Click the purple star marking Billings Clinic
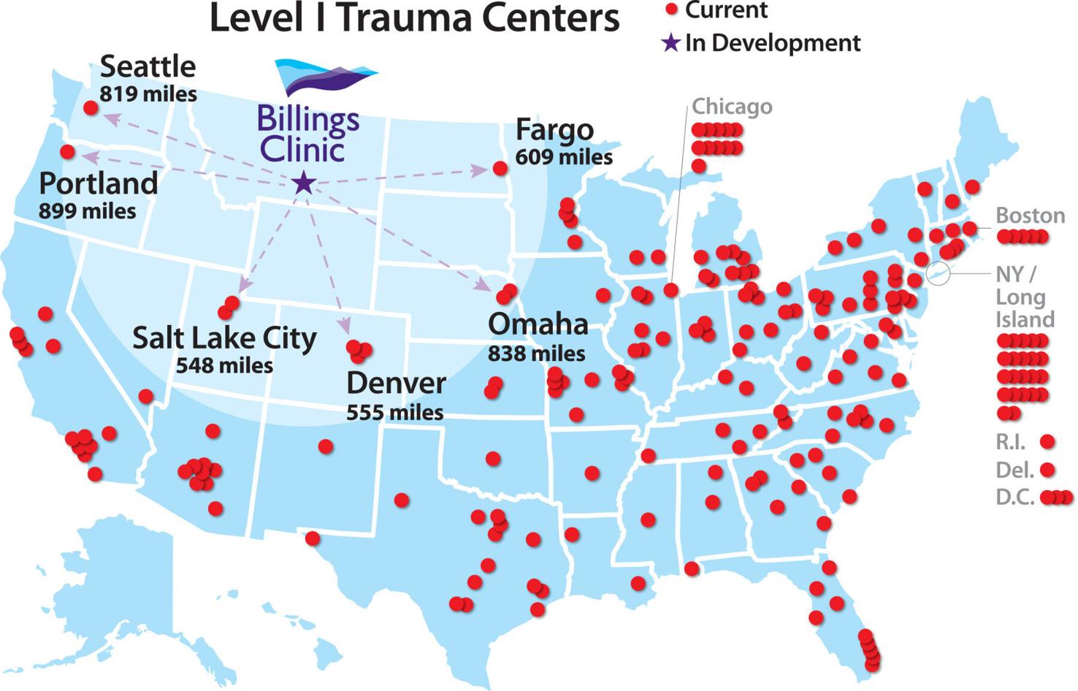pos(303,183)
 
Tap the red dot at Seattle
pos(91,108)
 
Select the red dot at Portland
pos(67,152)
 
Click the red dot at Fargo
pos(500,169)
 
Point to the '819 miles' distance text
pos(148,94)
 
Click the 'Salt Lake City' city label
pos(224,338)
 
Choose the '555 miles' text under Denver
pos(394,413)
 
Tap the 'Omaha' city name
pos(538,324)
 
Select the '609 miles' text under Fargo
pos(564,157)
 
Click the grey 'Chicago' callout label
pos(732,107)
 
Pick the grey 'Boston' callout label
pos(1031,215)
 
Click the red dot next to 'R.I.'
pos(1047,441)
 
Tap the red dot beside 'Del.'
pos(1047,469)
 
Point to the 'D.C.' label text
pos(1014,497)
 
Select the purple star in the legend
pos(670,43)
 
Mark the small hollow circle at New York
pos(938,273)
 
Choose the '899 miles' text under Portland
pos(87,211)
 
